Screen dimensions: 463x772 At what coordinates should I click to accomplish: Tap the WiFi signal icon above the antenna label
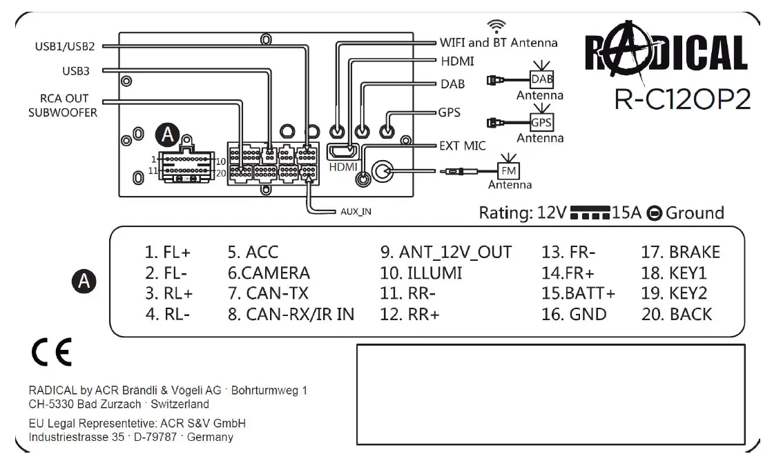pos(495,26)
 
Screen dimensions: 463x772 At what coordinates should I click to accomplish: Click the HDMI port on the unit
pos(342,150)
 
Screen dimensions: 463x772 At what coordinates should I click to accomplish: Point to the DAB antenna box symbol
pos(543,79)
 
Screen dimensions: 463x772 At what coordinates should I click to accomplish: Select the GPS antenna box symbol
pos(541,123)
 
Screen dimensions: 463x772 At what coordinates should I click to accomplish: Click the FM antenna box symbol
pos(512,170)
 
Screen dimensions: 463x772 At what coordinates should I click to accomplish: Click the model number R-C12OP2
pos(682,99)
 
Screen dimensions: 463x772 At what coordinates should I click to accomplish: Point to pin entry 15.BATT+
pos(578,293)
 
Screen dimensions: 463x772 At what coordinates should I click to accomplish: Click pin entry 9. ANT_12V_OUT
pos(446,252)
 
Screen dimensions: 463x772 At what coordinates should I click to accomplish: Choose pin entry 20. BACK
pos(677,314)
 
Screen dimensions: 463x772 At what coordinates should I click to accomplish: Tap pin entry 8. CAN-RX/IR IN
pos(291,314)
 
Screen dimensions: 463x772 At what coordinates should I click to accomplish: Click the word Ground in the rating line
pos(695,213)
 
